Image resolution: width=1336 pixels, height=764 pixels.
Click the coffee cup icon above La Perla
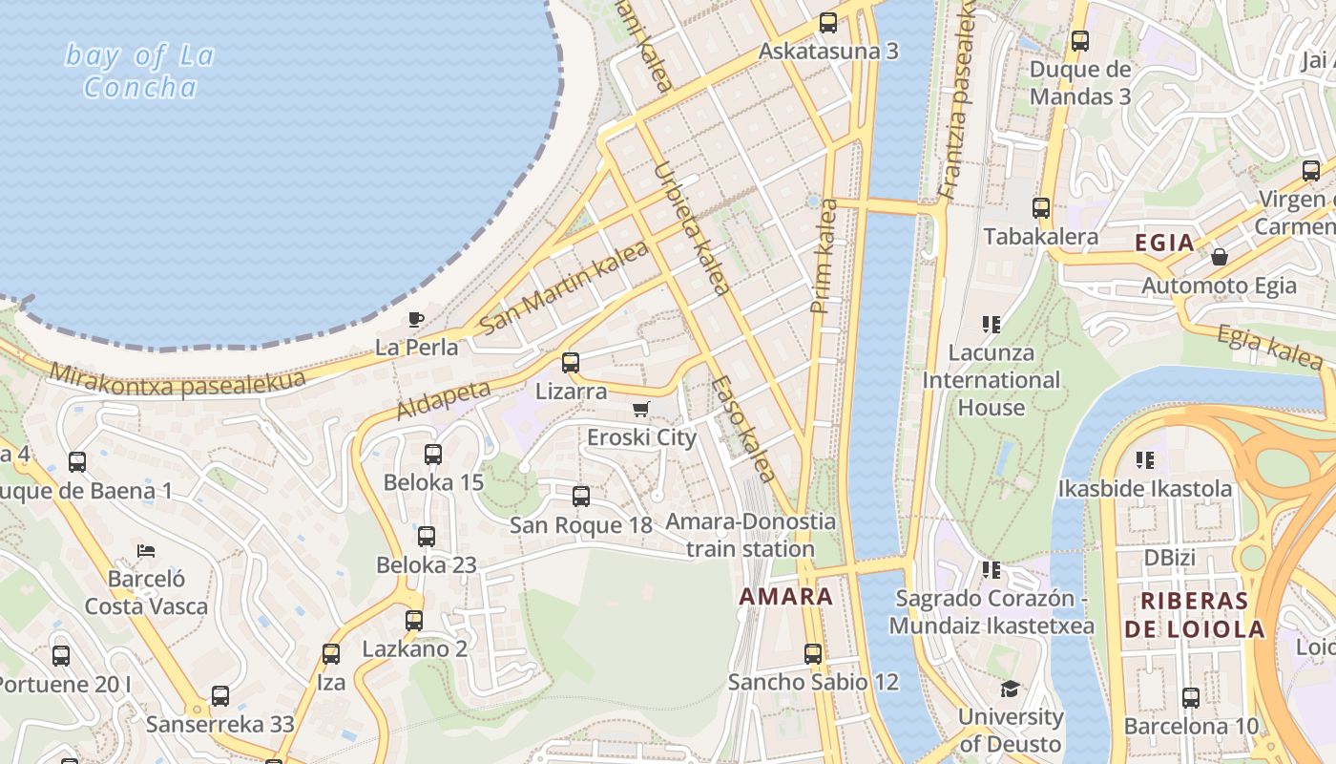415,319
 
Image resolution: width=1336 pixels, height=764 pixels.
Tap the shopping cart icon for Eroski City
641,410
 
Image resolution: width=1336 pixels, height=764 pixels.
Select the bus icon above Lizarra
571,363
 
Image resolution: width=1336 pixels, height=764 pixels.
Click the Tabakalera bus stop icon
1041,208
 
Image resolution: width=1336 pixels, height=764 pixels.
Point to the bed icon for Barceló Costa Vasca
146,551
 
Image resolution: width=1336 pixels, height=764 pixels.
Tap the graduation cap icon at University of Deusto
1010,689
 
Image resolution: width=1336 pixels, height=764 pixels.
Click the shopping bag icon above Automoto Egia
1219,257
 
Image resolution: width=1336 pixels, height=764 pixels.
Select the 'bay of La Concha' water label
139,72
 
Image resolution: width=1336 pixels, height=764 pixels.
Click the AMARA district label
786,597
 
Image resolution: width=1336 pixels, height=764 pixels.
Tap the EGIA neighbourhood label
1164,243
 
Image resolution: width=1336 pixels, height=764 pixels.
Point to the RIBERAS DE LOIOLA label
1194,615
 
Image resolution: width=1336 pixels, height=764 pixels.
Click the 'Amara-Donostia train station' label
750,536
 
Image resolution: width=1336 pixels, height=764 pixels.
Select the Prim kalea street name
823,256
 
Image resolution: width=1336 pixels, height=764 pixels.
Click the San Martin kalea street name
563,287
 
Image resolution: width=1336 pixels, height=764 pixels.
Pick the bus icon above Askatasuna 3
828,23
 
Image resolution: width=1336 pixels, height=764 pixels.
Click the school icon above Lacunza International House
992,325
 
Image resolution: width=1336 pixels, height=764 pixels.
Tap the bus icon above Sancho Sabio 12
813,654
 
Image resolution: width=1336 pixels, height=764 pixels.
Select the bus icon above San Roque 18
581,497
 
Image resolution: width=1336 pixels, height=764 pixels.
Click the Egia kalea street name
1269,346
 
